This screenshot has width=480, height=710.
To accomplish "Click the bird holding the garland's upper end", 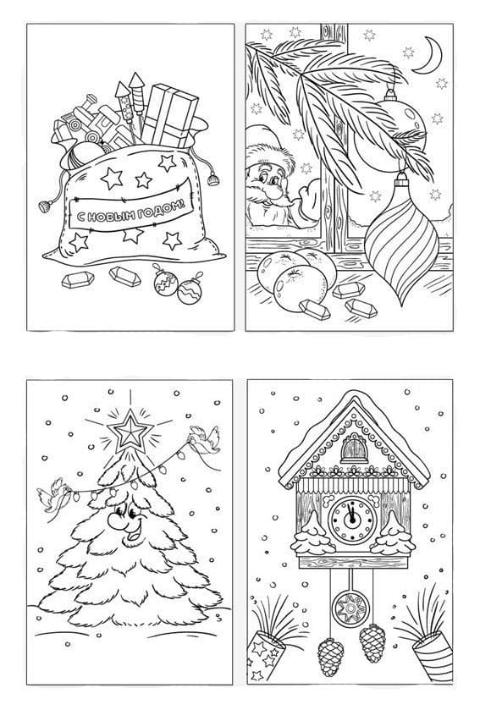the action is coord(205,440).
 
